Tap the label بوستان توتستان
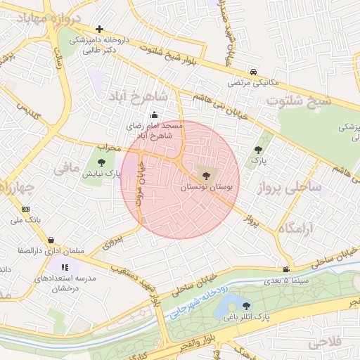[205, 188]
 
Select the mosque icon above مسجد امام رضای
[155, 116]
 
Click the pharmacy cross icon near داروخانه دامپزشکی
[100, 30]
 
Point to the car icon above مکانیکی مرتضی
[253, 72]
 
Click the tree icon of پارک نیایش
[101, 162]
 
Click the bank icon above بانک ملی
[26, 209]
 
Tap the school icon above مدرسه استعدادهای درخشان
[65, 267]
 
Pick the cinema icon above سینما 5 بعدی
[286, 270]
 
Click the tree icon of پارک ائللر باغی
[246, 305]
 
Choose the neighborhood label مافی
[65, 169]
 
